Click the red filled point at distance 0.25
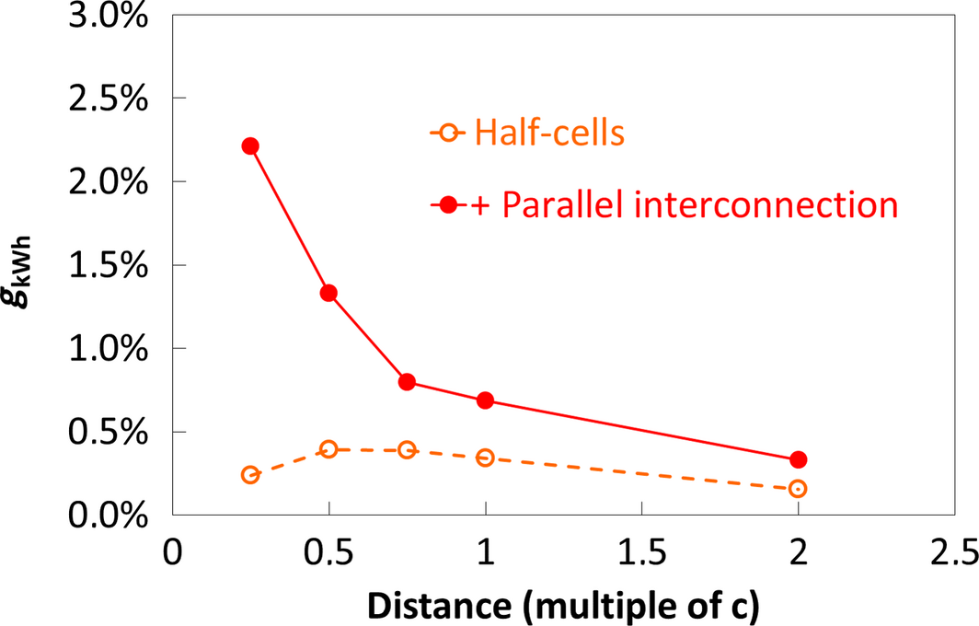pyautogui.click(x=250, y=146)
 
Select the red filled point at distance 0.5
pyautogui.click(x=328, y=294)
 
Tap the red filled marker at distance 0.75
pyautogui.click(x=407, y=382)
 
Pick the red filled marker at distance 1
pyautogui.click(x=485, y=400)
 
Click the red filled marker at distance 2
pyautogui.click(x=798, y=459)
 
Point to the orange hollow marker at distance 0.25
pyautogui.click(x=250, y=475)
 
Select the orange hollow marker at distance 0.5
pyautogui.click(x=328, y=449)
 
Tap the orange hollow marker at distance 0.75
pyautogui.click(x=407, y=450)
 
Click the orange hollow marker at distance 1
pyautogui.click(x=485, y=458)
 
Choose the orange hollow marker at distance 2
pyautogui.click(x=798, y=489)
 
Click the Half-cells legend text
pyautogui.click(x=550, y=134)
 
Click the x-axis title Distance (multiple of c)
pyautogui.click(x=563, y=604)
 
